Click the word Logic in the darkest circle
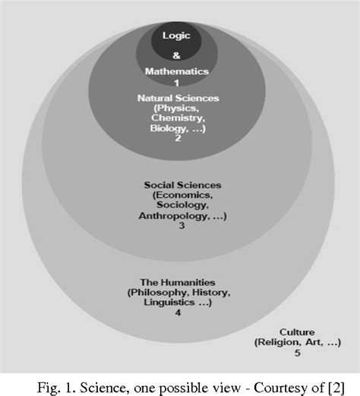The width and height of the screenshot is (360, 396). coord(176,36)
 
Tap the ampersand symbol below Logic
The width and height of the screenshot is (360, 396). coord(176,55)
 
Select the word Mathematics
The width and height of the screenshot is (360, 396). coord(177,71)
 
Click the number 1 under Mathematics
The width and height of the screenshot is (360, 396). coord(177,83)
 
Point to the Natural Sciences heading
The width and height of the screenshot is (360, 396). coord(178,98)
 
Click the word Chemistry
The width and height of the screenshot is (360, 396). coord(178,118)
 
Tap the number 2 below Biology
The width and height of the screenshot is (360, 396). coord(178,138)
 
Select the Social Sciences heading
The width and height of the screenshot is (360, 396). coord(182,185)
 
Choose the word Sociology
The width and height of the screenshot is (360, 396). coord(182,205)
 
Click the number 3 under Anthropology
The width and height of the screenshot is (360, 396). coord(182,225)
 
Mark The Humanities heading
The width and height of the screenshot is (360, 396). coord(178,282)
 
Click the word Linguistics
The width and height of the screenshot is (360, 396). coord(169,303)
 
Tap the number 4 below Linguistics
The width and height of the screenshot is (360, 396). coord(178,313)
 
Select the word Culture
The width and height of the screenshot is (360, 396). coord(297,332)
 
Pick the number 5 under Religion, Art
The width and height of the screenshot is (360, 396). coord(298,353)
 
